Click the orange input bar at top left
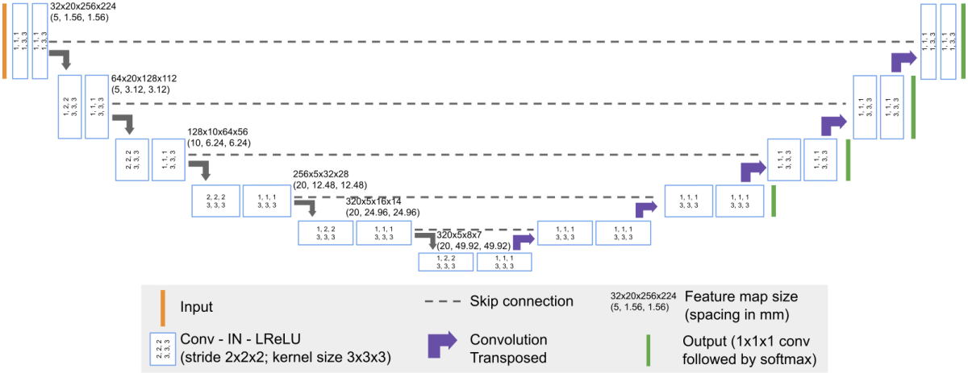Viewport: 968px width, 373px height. click(x=5, y=40)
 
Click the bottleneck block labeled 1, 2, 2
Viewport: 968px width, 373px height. click(x=445, y=262)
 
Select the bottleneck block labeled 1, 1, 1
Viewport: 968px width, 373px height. click(x=504, y=262)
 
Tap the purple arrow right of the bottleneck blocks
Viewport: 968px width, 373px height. click(x=524, y=239)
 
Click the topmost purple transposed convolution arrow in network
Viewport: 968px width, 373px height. click(x=904, y=59)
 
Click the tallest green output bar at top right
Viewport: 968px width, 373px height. click(x=963, y=40)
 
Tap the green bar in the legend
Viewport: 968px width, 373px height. click(x=647, y=347)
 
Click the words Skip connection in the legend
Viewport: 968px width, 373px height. click(x=521, y=301)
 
